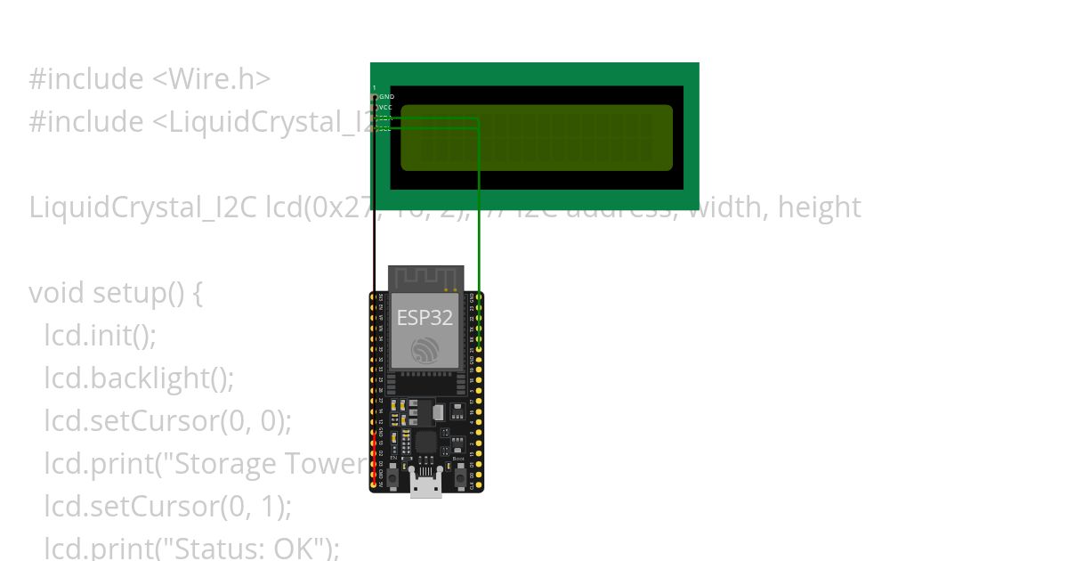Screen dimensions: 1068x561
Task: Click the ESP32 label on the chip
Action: (x=425, y=318)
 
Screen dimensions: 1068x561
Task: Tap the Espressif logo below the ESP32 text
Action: (x=425, y=350)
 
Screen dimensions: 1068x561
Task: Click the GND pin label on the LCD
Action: (x=386, y=96)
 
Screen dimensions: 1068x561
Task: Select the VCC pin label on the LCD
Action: (x=385, y=107)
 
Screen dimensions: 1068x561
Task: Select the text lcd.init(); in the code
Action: (x=101, y=336)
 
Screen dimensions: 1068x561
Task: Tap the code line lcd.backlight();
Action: (x=139, y=378)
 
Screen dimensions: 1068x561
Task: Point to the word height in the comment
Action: (x=819, y=207)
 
